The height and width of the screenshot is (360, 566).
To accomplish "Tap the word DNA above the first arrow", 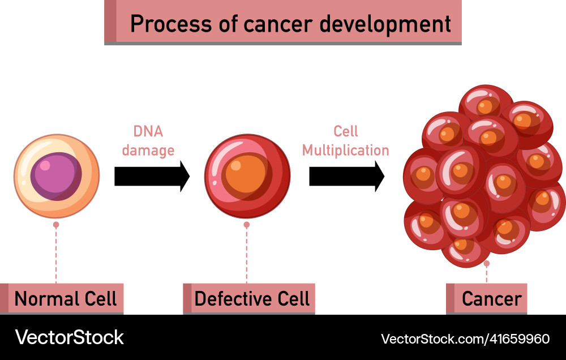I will tap(148, 131).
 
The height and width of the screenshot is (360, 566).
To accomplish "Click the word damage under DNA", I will tap(148, 150).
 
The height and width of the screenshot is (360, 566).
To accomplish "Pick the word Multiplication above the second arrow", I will tap(345, 150).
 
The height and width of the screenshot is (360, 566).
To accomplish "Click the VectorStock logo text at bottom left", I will tap(69, 338).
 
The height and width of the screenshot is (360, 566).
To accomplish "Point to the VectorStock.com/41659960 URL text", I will tap(465, 338).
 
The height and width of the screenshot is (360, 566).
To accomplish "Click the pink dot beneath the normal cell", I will tap(56, 225).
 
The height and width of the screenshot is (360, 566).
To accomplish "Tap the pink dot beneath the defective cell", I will tap(246, 225).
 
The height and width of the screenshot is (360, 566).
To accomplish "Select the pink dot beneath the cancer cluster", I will tap(486, 264).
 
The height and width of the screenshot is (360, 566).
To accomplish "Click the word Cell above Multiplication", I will tap(346, 131).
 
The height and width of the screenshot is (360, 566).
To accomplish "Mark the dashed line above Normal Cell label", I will tap(56, 255).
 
